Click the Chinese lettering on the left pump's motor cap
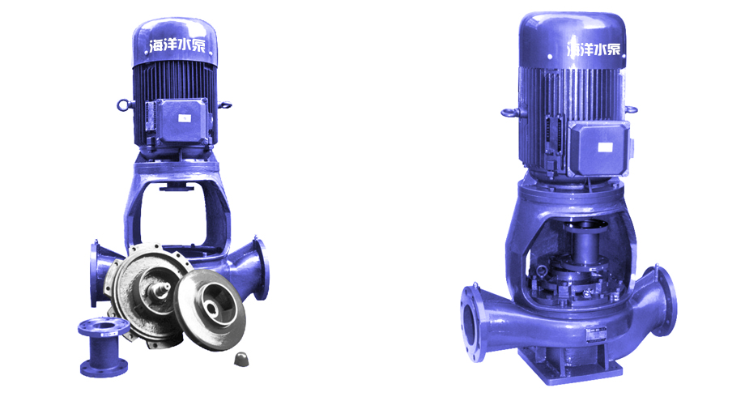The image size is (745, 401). tap(177, 45)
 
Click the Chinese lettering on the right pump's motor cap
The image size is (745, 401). tap(594, 49)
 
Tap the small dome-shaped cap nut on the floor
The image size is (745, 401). tap(241, 359)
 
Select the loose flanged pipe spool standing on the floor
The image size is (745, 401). tap(104, 348)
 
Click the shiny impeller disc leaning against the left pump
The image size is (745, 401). tap(210, 309)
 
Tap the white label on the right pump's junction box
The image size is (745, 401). tap(604, 147)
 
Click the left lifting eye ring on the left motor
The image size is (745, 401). tap(124, 105)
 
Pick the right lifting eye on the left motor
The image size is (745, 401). tap(225, 105)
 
